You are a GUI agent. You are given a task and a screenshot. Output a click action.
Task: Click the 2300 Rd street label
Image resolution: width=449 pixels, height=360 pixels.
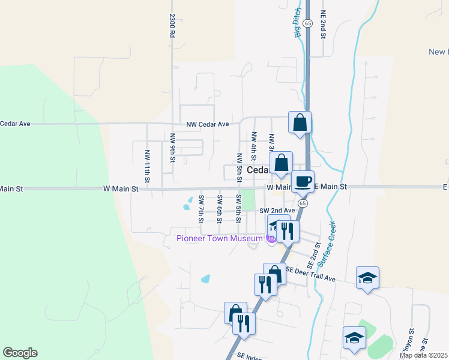pyautogui.click(x=172, y=26)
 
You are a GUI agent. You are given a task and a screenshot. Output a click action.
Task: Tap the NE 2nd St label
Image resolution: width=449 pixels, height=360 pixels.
pyautogui.click(x=322, y=25)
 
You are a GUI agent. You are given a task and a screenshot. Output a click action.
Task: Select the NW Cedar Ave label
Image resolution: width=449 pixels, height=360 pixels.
pyautogui.click(x=208, y=124)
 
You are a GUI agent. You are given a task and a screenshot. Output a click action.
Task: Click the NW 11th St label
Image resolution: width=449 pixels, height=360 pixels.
pyautogui.click(x=146, y=166)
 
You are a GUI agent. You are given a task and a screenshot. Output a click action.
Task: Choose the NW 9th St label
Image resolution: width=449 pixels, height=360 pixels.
pyautogui.click(x=172, y=148)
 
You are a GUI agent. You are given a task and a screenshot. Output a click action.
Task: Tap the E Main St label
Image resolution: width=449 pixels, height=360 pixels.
pyautogui.click(x=330, y=187)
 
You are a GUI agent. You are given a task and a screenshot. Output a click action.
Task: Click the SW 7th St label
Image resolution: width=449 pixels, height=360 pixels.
pyautogui.click(x=201, y=207)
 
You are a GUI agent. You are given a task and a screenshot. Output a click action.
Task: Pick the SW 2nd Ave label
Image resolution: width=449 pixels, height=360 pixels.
pyautogui.click(x=277, y=211)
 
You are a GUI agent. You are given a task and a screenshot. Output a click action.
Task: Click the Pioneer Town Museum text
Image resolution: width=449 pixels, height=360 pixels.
pyautogui.click(x=219, y=239)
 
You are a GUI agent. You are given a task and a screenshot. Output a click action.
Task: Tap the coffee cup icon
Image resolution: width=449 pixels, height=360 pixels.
pyautogui.click(x=303, y=181)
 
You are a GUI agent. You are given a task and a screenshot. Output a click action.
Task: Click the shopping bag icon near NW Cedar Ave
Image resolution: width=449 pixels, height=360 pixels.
pyautogui.click(x=300, y=122)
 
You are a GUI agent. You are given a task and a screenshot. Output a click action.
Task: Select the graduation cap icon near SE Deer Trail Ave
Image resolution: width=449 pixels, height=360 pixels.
pyautogui.click(x=367, y=277)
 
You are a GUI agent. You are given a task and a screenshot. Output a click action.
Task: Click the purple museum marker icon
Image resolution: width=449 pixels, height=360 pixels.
pyautogui.click(x=271, y=239)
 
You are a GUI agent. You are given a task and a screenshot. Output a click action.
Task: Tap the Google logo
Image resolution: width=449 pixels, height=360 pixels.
pyautogui.click(x=20, y=353)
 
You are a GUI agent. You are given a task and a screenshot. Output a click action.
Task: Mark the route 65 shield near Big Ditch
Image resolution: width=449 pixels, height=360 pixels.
pyautogui.click(x=307, y=23)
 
